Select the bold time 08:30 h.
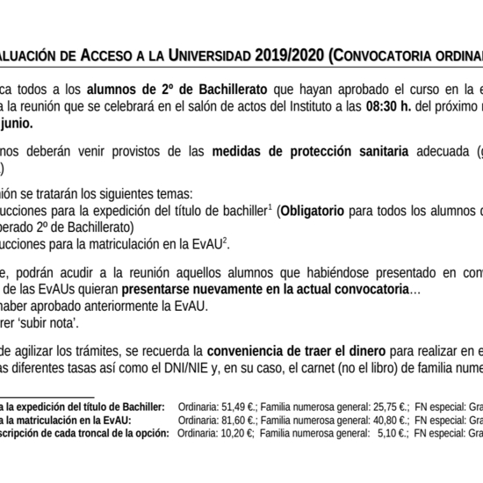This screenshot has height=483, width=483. click(386, 107)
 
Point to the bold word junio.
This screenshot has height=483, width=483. click(18, 124)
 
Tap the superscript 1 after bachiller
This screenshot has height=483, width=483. click(270, 206)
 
